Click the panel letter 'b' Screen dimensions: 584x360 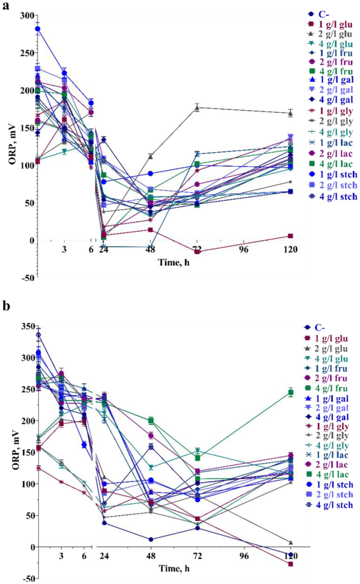[x=6, y=306]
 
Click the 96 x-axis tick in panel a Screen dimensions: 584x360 [x=244, y=249]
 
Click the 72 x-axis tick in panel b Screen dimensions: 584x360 [x=197, y=556]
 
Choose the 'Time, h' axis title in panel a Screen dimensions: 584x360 [x=173, y=262]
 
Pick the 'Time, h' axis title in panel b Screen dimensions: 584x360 [x=174, y=568]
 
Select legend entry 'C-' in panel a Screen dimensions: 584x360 [x=323, y=14]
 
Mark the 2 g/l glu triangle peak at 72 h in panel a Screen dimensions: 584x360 [x=197, y=108]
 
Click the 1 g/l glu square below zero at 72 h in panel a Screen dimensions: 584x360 [x=197, y=252]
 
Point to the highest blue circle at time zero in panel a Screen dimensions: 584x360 [x=38, y=29]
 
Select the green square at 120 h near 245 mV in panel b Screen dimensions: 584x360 [x=291, y=393]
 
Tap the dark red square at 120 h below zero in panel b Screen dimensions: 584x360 [x=291, y=564]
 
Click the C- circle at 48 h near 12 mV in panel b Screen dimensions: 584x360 [x=151, y=540]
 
